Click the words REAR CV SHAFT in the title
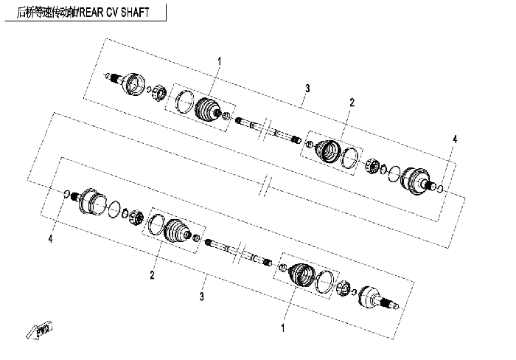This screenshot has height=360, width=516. click(114, 13)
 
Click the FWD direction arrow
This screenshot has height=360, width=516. click(39, 330)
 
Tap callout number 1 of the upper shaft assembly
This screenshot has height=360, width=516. click(219, 61)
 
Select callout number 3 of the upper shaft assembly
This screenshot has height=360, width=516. click(307, 89)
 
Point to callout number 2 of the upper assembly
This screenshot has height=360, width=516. click(352, 103)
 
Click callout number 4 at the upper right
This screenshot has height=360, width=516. click(455, 139)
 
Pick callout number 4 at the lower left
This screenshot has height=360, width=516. click(50, 238)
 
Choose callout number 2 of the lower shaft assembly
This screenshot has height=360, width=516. click(152, 274)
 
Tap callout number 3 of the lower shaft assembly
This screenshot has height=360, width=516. click(201, 297)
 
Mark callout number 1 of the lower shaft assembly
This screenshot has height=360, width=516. click(282, 328)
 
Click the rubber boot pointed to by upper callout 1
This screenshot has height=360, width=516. click(207, 109)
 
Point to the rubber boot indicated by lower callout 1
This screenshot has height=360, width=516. click(302, 275)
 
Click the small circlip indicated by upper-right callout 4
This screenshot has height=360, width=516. click(440, 188)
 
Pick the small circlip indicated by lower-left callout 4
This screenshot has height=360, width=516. click(66, 194)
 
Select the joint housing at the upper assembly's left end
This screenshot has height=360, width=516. click(133, 83)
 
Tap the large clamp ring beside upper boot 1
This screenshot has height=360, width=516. click(184, 102)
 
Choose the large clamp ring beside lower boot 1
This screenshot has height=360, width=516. click(324, 282)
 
